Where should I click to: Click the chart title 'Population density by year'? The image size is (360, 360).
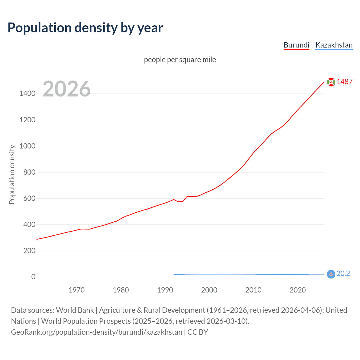click(x=85, y=28)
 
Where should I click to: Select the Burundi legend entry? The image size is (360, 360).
click(x=296, y=45)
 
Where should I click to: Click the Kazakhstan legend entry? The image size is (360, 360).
click(x=334, y=45)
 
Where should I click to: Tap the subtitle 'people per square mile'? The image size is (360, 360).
click(x=180, y=60)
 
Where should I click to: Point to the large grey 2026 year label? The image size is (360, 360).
click(x=67, y=89)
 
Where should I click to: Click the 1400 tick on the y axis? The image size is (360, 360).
click(x=27, y=94)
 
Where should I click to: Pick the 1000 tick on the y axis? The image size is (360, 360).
click(x=27, y=146)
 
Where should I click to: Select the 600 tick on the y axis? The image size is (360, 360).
click(x=29, y=198)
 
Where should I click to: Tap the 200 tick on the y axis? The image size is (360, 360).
click(x=29, y=251)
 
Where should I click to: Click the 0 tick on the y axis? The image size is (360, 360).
click(x=33, y=277)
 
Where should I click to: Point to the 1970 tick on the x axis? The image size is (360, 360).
click(x=76, y=290)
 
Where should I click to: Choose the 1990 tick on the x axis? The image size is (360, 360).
click(x=165, y=290)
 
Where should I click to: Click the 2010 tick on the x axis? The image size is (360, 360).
click(x=253, y=290)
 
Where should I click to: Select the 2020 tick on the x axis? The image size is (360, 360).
click(x=298, y=290)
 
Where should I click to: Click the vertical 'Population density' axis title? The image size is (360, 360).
click(x=12, y=174)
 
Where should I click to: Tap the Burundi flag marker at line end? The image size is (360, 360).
click(x=331, y=82)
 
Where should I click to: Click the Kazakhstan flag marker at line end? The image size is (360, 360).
click(x=331, y=274)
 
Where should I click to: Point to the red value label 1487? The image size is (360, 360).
click(x=345, y=82)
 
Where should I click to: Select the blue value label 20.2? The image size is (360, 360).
click(x=343, y=273)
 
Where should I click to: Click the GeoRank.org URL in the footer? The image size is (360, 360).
click(x=96, y=332)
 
